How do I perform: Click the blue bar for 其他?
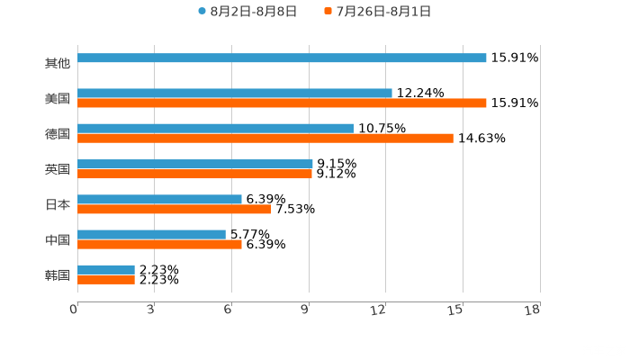click(x=282, y=58)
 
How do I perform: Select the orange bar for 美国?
click(x=282, y=103)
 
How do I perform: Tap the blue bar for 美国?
click(x=235, y=93)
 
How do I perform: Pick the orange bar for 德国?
click(x=265, y=138)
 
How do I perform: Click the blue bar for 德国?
click(x=215, y=128)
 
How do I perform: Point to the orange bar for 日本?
click(x=175, y=209)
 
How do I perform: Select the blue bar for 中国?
click(x=151, y=234)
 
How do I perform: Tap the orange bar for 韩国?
click(x=106, y=280)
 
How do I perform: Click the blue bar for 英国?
click(x=195, y=164)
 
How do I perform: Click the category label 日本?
click(x=58, y=204)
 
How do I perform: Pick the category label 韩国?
click(x=58, y=274)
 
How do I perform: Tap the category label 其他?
click(x=58, y=63)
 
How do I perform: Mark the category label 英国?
click(x=58, y=169)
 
